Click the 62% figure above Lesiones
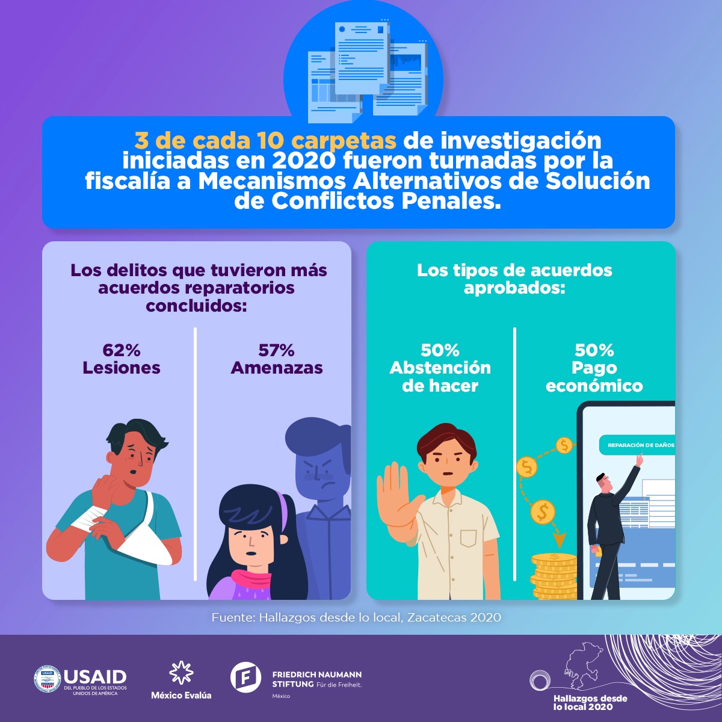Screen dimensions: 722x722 tap(121, 350)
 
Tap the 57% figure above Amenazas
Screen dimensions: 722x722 tap(276, 350)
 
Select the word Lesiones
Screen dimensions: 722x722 tap(122, 368)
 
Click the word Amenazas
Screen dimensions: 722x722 tap(277, 368)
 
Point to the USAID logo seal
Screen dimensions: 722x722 tap(47, 679)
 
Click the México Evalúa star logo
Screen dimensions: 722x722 tap(181, 673)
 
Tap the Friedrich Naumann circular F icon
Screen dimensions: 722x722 tap(245, 677)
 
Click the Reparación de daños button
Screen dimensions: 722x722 tap(638, 445)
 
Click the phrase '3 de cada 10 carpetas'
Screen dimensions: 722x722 tap(265, 141)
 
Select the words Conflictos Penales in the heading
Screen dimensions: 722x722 tap(386, 201)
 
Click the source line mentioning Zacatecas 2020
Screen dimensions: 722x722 tap(356, 617)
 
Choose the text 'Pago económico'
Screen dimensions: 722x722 tap(594, 377)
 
